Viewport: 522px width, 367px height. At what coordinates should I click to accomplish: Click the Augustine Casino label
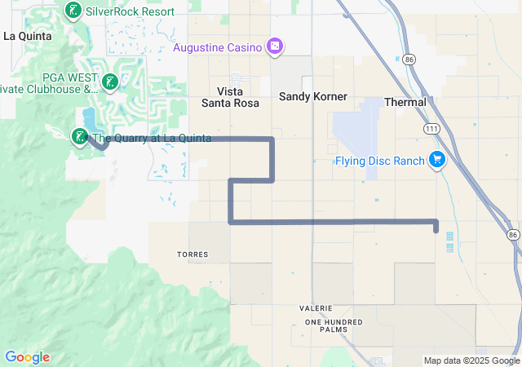pyautogui.click(x=218, y=46)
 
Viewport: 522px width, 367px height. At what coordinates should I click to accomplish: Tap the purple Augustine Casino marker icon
pyautogui.click(x=275, y=46)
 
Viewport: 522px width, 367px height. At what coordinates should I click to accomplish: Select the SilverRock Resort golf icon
pyautogui.click(x=72, y=11)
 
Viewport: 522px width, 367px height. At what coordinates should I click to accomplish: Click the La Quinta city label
pyautogui.click(x=28, y=36)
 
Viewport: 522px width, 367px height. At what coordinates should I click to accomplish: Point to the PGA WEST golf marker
pyautogui.click(x=109, y=82)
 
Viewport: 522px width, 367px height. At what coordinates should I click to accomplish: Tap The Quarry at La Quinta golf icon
pyautogui.click(x=80, y=137)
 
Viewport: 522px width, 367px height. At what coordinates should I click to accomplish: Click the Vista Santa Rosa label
pyautogui.click(x=230, y=97)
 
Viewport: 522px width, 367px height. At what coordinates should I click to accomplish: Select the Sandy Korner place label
pyautogui.click(x=313, y=96)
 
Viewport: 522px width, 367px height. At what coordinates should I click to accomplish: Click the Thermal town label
pyautogui.click(x=405, y=102)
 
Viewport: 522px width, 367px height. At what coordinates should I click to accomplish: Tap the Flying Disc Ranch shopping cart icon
pyautogui.click(x=438, y=160)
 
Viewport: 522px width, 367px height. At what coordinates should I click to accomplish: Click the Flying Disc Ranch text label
pyautogui.click(x=380, y=161)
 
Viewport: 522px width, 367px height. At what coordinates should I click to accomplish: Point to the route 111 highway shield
pyautogui.click(x=431, y=129)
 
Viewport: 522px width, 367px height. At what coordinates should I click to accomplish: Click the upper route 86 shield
pyautogui.click(x=409, y=60)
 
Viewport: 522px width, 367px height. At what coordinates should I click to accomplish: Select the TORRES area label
pyautogui.click(x=192, y=254)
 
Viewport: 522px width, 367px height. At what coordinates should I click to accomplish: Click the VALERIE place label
pyautogui.click(x=315, y=307)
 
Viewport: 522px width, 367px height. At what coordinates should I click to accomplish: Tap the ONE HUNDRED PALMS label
pyautogui.click(x=332, y=326)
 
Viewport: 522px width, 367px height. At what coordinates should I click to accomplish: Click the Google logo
pyautogui.click(x=27, y=357)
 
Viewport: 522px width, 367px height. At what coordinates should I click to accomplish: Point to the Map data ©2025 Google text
pyautogui.click(x=471, y=360)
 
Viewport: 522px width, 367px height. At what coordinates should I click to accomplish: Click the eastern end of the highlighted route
pyautogui.click(x=436, y=228)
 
